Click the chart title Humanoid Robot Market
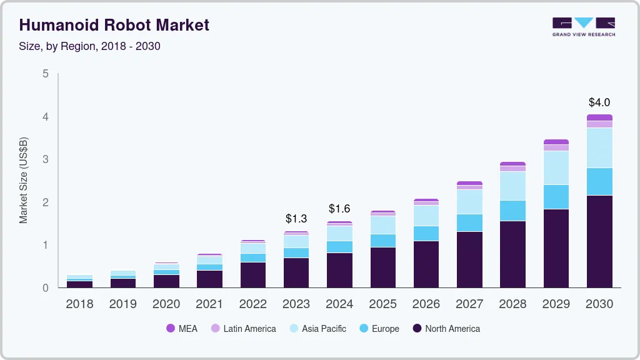coord(114,25)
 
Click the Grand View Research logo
coord(583,27)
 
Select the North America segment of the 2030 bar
coord(599,241)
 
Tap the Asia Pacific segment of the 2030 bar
coord(599,147)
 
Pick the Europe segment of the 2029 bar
coord(556,196)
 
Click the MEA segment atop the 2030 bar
coord(599,117)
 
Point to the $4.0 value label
coord(599,102)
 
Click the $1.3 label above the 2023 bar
coord(296,219)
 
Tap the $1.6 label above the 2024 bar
coord(339,208)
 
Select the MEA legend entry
coord(182,328)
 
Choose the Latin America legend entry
coord(243,328)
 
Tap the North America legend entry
coord(446,328)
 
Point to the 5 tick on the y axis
coord(45,74)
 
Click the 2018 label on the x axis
coord(79,304)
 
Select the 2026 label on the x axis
coord(426,304)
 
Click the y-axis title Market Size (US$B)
coord(24,181)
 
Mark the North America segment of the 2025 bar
coord(382,267)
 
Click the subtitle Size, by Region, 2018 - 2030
coord(90,46)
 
